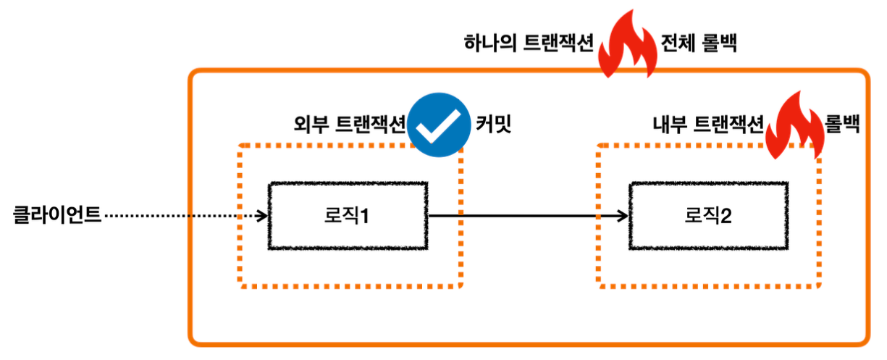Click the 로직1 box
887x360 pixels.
pos(347,216)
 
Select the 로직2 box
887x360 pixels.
pos(707,216)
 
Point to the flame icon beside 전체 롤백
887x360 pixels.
pos(627,45)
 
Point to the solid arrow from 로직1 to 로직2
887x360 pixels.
pos(521,215)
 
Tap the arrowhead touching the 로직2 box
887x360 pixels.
pos(621,215)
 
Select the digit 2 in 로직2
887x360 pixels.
pos(726,216)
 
